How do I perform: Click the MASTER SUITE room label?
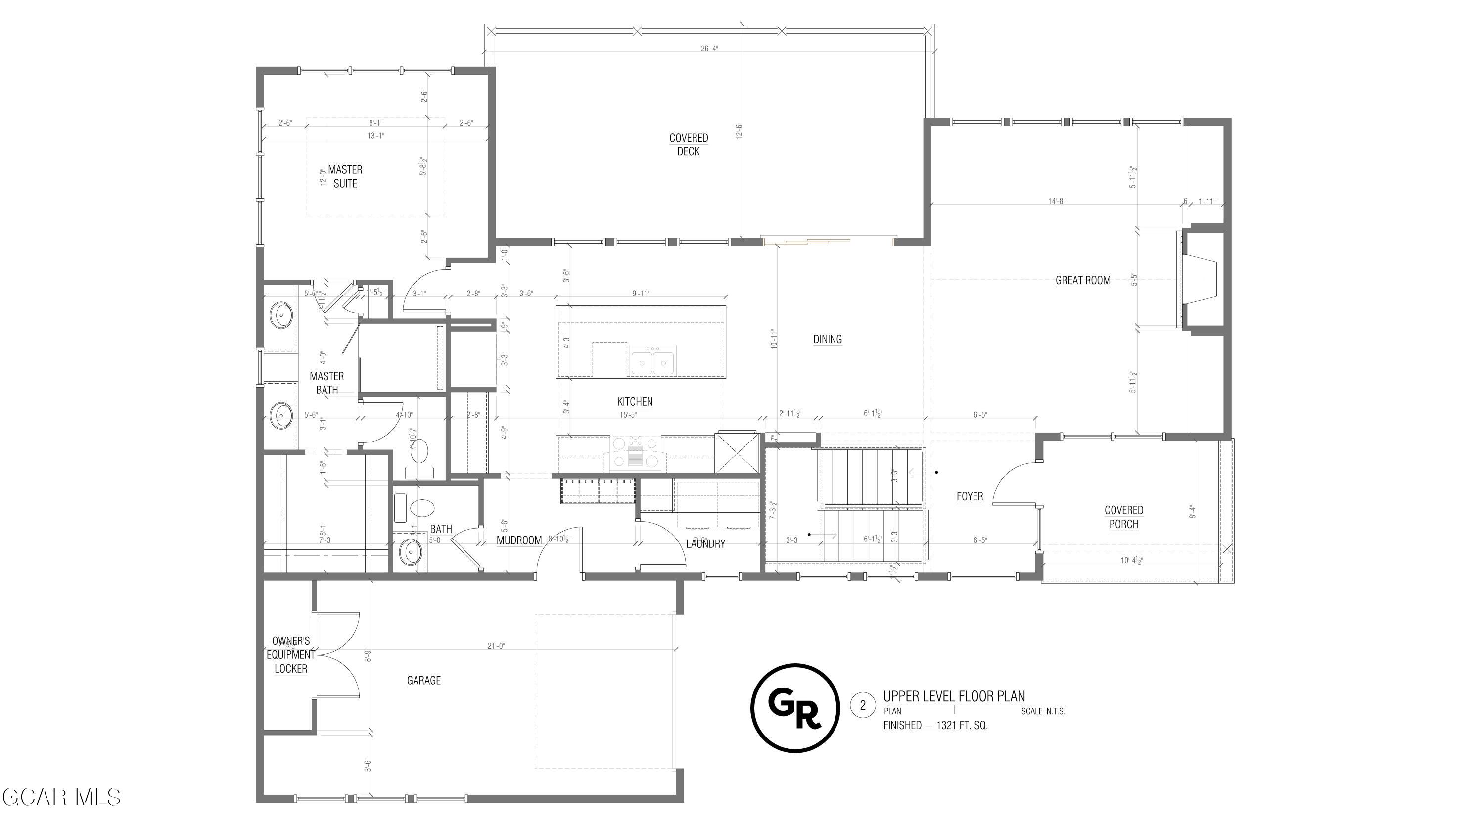pos(345,176)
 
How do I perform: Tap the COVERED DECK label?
pos(688,145)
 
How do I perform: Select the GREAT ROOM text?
pos(1082,281)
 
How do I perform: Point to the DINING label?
pos(827,340)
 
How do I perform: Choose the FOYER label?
pos(970,497)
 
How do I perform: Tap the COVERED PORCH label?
pos(1123,517)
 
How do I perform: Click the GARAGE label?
pos(423,681)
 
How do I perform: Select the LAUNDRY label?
pos(705,544)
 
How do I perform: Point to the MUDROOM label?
pos(519,540)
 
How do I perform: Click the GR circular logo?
pos(795,708)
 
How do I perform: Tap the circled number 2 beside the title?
pos(862,705)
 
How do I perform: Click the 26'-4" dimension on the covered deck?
pos(709,49)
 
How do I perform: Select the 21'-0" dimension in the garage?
pos(496,646)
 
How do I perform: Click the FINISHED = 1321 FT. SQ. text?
pos(935,726)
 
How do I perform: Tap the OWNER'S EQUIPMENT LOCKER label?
pos(291,655)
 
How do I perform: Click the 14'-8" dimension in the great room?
pos(1057,201)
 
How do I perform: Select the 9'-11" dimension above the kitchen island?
pos(641,294)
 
